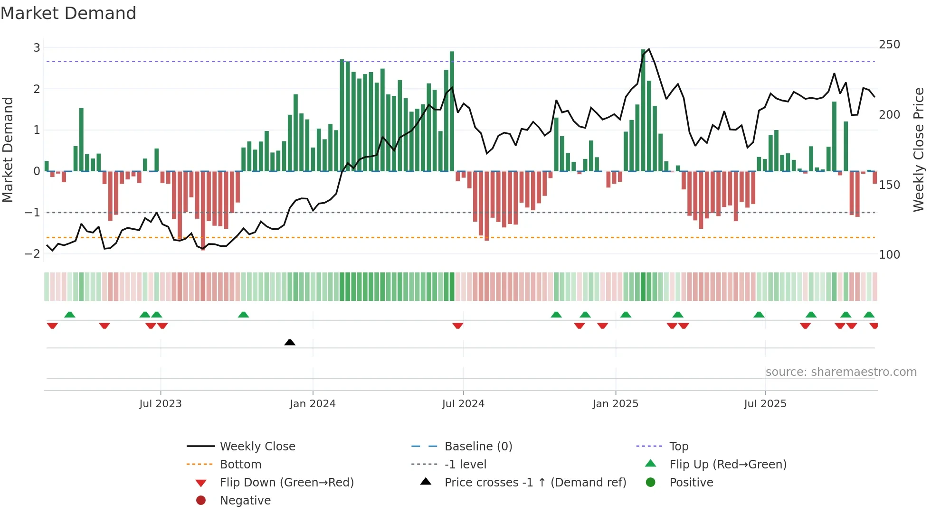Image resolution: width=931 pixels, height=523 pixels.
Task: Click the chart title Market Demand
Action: (68, 13)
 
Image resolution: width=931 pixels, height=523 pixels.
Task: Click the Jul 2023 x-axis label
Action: (161, 403)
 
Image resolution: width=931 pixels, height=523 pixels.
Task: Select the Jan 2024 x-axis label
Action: (313, 403)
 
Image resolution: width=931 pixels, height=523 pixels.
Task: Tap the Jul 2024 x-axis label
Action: (463, 403)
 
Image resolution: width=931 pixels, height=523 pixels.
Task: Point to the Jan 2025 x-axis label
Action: (616, 403)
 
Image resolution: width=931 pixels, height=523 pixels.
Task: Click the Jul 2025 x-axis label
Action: (765, 403)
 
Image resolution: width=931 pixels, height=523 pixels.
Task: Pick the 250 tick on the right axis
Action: (889, 45)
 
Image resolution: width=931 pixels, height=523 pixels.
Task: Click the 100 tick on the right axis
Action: (889, 255)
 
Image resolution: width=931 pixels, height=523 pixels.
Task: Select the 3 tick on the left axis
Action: (37, 47)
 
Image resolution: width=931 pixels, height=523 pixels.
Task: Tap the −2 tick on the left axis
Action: (33, 253)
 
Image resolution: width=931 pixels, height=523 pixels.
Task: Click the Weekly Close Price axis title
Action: (919, 149)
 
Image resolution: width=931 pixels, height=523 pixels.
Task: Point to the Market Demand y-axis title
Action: (8, 149)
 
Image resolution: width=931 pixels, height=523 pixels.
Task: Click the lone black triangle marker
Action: (290, 342)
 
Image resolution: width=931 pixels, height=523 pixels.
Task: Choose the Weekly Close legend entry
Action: (257, 446)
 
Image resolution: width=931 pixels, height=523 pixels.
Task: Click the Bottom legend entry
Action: (240, 464)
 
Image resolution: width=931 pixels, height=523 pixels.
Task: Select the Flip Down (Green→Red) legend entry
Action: (286, 482)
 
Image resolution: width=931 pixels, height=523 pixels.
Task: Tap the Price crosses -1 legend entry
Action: (535, 482)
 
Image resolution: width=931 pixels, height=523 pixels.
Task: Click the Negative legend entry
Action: (245, 500)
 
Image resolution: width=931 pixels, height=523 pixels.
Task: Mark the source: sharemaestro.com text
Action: (841, 372)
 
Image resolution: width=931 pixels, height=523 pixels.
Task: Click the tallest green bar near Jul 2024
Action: (452, 112)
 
